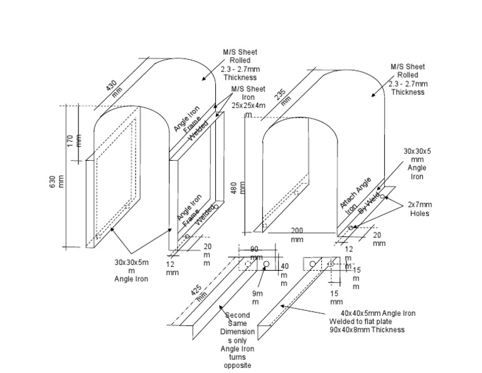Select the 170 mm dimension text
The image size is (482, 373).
74,139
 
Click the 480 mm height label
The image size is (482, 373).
237,188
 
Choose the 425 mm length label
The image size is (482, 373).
198,295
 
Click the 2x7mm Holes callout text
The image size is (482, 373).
419,209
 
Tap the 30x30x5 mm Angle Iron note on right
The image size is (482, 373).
417,164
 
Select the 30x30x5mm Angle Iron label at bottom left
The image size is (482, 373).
132,270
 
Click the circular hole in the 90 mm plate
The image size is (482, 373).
267,264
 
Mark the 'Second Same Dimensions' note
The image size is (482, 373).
237,340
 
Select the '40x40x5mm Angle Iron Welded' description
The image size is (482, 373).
372,321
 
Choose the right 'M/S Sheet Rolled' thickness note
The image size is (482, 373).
408,79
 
